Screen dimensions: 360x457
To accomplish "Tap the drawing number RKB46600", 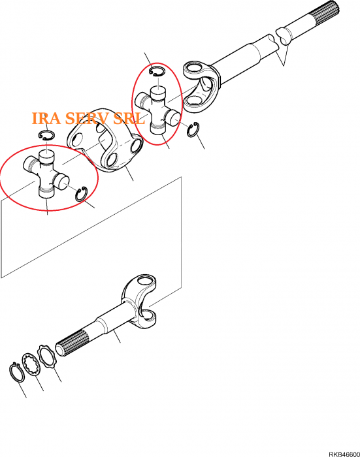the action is pyautogui.click(x=344, y=454).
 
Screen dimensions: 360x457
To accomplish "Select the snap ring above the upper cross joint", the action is pyautogui.click(x=157, y=71).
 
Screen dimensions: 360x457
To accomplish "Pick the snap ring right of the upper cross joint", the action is pyautogui.click(x=193, y=130).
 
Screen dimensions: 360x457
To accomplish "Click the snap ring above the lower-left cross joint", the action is pyautogui.click(x=46, y=134).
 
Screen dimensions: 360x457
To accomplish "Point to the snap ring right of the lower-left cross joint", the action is pyautogui.click(x=81, y=194).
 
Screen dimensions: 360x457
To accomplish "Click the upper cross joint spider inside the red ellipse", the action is pyautogui.click(x=158, y=112).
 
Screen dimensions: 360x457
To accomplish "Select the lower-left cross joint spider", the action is pyautogui.click(x=46, y=174).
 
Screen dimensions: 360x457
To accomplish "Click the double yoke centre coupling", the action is pyautogui.click(x=105, y=140).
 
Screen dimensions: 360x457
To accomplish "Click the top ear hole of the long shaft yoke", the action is pyautogui.click(x=194, y=68).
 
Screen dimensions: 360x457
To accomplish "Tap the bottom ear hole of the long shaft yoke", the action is pyautogui.click(x=193, y=101).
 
